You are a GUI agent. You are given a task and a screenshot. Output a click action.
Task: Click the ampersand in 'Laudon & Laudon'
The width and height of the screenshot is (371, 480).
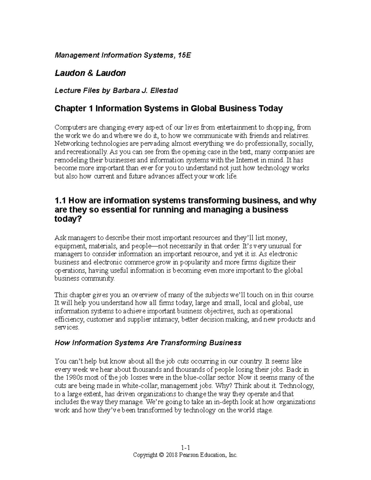(x=90, y=73)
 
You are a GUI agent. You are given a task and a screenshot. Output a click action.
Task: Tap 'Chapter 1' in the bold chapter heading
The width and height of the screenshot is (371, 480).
(x=74, y=108)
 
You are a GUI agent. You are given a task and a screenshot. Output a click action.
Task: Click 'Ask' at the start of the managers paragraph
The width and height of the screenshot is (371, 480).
(x=60, y=238)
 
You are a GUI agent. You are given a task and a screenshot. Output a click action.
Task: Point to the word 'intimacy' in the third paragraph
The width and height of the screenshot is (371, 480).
(x=166, y=319)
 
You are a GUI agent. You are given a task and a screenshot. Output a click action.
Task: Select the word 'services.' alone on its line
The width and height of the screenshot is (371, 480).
(x=67, y=328)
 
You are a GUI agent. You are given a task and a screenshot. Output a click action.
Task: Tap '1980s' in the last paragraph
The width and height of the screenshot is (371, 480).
(x=74, y=377)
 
